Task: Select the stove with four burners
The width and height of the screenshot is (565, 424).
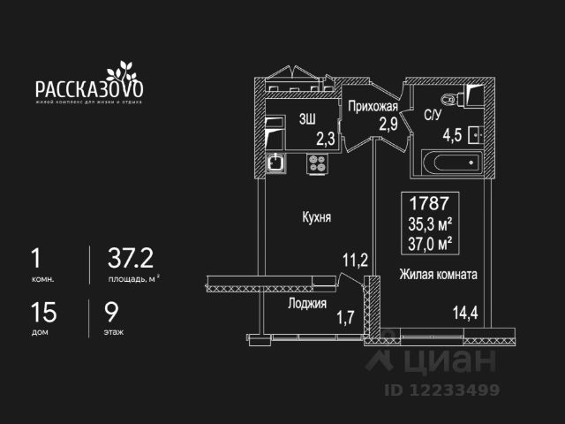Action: coord(317,163)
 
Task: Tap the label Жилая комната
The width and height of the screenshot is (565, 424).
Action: coord(438,275)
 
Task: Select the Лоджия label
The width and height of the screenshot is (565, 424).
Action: coord(307,302)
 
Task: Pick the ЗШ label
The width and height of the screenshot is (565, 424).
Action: coord(308,120)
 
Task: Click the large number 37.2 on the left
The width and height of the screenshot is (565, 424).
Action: coord(130,257)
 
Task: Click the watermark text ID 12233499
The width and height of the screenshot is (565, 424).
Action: coord(441,389)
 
